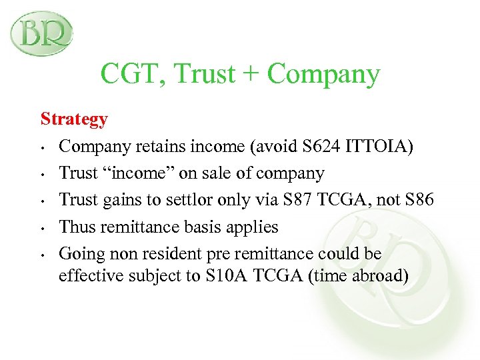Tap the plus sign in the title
(x=252, y=75)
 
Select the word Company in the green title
(x=323, y=75)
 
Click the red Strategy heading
(x=74, y=119)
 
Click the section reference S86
(x=418, y=200)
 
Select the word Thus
(x=75, y=227)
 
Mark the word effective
(x=86, y=275)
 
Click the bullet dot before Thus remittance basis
(x=42, y=227)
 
